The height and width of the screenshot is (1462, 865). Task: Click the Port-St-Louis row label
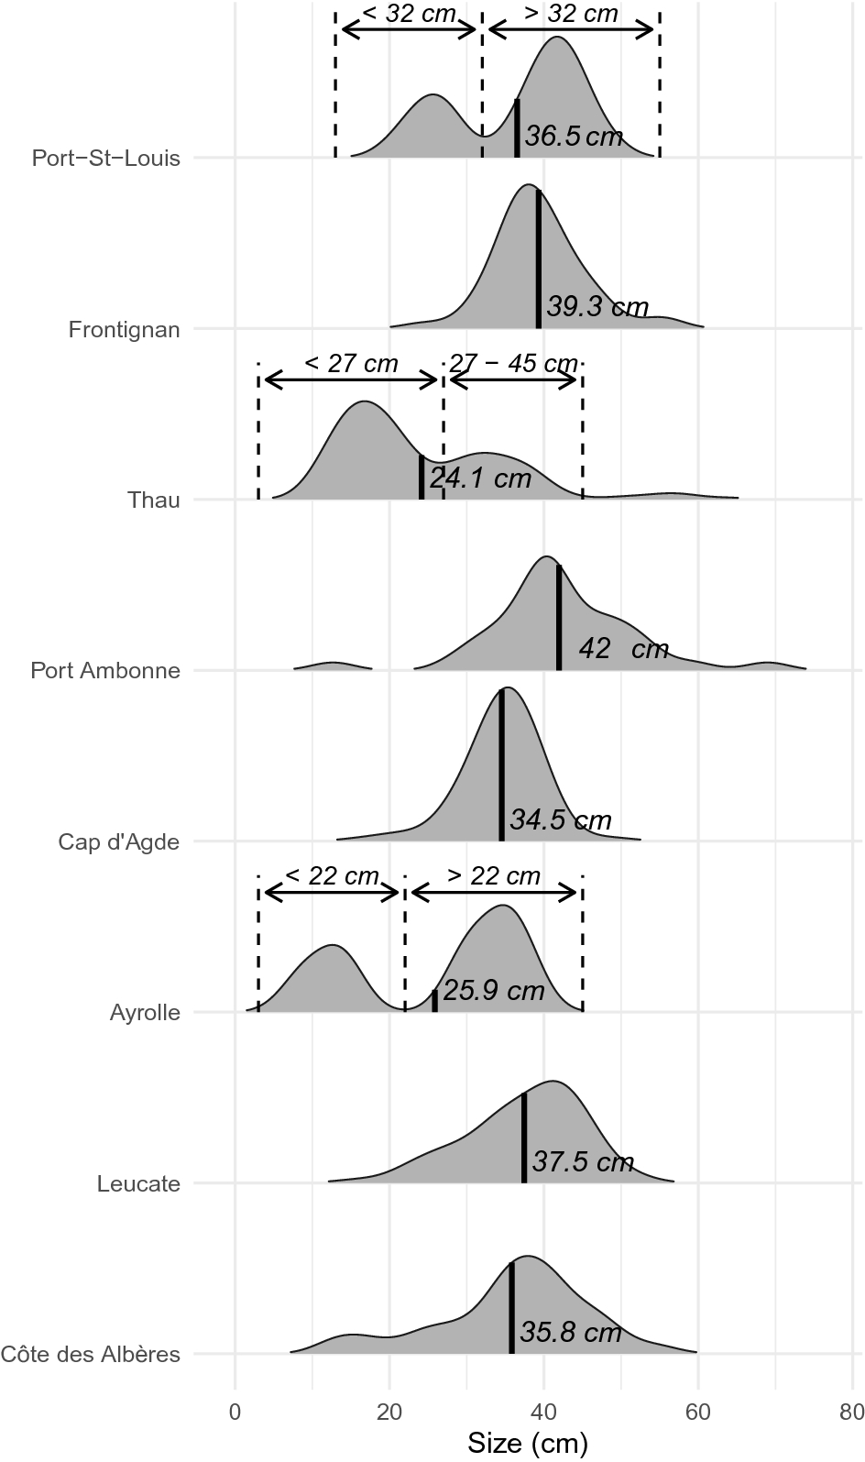click(106, 158)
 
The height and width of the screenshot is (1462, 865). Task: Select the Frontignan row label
click(125, 329)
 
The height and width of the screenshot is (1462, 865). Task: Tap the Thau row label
click(154, 500)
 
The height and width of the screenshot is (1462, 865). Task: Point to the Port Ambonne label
click(105, 670)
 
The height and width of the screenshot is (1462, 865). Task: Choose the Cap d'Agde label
click(119, 841)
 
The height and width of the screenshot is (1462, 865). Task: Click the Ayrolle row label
click(145, 1013)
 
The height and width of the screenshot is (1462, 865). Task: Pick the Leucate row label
click(138, 1183)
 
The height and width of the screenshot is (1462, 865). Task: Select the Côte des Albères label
click(91, 1354)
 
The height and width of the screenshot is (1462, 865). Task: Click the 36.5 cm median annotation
click(575, 137)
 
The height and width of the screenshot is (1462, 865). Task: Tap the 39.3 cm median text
click(597, 307)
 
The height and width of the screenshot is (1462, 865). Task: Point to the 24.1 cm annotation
click(480, 478)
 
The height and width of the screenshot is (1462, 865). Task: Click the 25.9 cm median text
click(494, 990)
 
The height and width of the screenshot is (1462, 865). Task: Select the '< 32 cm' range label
click(409, 13)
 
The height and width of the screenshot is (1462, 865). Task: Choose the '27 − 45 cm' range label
click(513, 363)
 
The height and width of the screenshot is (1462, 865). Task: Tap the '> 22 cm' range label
click(494, 875)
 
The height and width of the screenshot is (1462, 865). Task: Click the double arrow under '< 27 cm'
click(351, 381)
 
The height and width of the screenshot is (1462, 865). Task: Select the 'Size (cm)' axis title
click(528, 1444)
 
